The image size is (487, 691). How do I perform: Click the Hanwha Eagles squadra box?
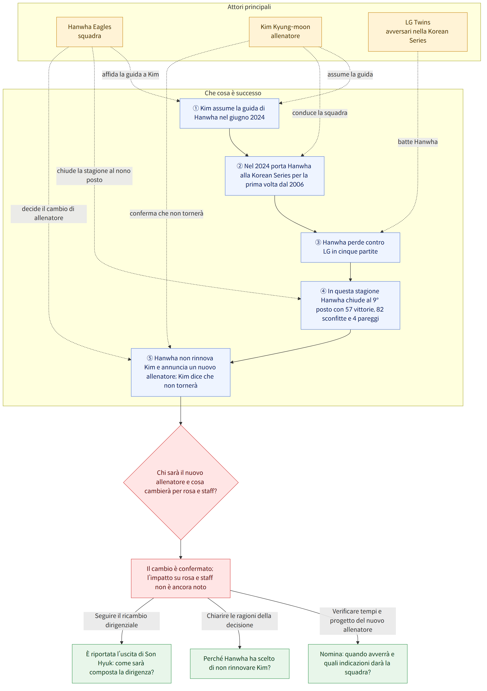pos(89,32)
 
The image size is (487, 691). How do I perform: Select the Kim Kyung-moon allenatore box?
pos(285,32)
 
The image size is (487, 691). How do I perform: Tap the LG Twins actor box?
pos(417,32)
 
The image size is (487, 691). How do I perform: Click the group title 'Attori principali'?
pos(249,7)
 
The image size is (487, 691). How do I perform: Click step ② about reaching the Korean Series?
pos(275,176)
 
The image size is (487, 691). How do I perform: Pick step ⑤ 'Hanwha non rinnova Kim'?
pos(181,372)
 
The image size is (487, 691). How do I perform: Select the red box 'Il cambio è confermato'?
pos(181,578)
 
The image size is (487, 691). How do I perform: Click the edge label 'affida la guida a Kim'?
pos(130,74)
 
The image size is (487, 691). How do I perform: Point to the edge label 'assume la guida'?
pos(350,74)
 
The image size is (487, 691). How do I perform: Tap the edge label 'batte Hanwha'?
pos(417,142)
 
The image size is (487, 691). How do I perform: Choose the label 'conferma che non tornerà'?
pos(166,213)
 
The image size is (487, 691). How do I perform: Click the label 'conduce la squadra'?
pos(320,113)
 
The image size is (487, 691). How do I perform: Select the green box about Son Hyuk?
pos(122,663)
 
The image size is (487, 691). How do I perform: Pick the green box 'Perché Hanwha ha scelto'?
pos(240,663)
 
